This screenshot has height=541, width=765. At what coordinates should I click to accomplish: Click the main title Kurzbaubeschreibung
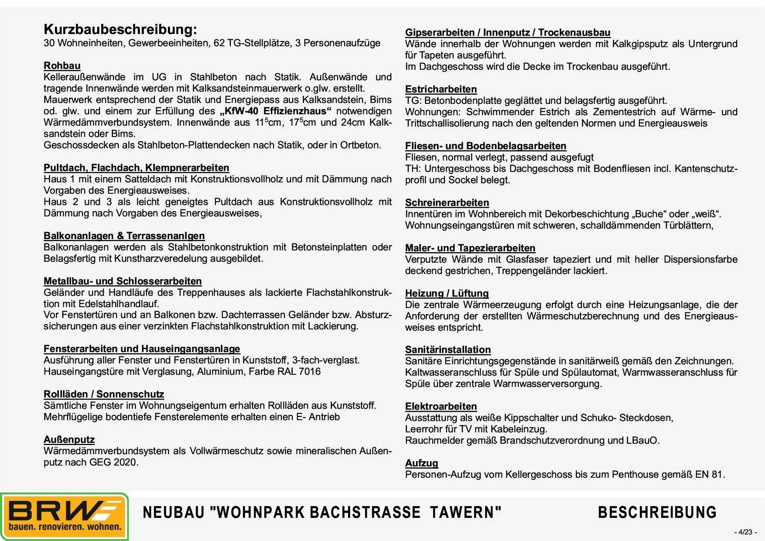click(120, 30)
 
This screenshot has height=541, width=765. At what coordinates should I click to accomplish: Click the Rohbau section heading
click(62, 66)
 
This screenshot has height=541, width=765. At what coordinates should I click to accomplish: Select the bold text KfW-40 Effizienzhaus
click(276, 111)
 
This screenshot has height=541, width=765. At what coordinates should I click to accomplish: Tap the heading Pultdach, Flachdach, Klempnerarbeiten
click(136, 168)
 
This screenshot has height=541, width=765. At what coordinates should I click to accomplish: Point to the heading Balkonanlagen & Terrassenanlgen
click(124, 236)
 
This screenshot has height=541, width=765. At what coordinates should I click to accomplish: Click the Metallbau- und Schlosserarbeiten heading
click(123, 281)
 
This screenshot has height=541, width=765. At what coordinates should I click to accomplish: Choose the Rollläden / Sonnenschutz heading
click(104, 394)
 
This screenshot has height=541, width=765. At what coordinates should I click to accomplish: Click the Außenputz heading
click(69, 440)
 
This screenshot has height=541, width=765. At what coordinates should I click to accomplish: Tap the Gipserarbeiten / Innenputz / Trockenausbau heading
click(507, 33)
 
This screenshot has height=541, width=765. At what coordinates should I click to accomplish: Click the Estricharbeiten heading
click(441, 89)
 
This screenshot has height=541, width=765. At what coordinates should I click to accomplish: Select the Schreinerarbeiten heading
click(447, 203)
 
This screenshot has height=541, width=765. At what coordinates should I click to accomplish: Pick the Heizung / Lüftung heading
click(447, 294)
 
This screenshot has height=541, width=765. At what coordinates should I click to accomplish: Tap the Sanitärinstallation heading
click(448, 350)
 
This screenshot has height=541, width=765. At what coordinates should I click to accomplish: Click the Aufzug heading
click(421, 463)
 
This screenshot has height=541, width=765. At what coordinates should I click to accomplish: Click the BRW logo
click(65, 517)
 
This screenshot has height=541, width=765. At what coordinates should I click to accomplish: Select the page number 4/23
click(745, 532)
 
